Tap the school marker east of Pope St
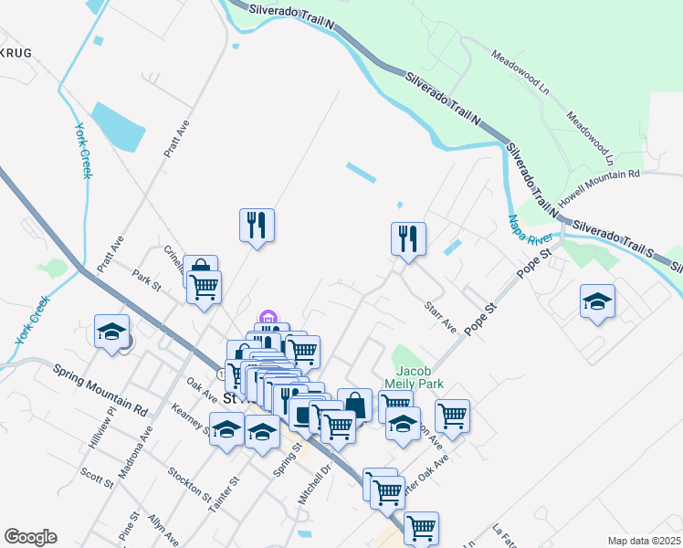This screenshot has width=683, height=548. (x=597, y=302)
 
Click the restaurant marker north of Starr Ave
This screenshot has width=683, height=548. (x=408, y=239)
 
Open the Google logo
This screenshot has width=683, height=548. (x=30, y=537)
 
